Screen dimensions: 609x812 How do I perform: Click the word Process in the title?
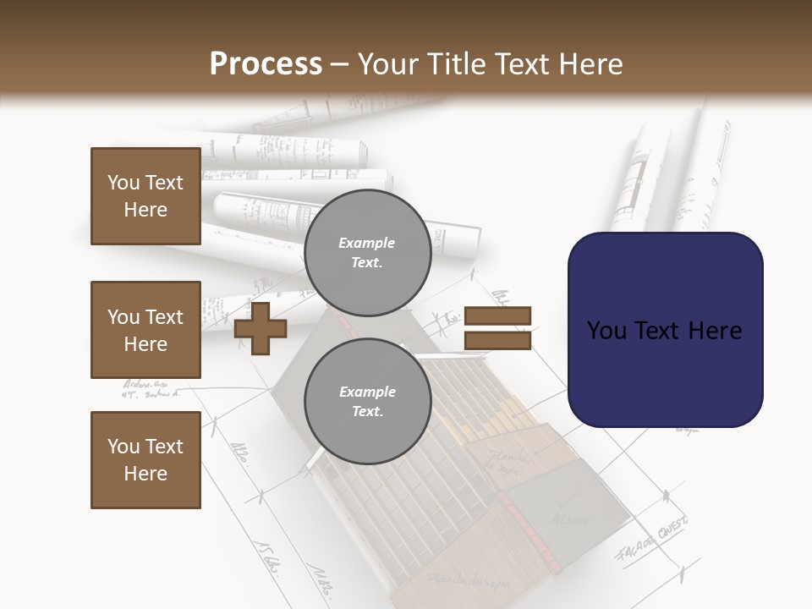click(266, 64)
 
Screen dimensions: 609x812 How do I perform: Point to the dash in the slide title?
click(340, 65)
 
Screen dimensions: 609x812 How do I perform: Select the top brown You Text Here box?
click(145, 196)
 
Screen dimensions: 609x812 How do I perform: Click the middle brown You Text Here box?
click(145, 330)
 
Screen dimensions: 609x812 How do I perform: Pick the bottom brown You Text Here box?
click(145, 460)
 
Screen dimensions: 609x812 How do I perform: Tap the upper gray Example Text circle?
click(367, 252)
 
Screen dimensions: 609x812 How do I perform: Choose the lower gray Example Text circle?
click(367, 401)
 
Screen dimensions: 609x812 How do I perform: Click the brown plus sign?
click(261, 328)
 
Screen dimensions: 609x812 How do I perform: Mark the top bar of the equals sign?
click(497, 315)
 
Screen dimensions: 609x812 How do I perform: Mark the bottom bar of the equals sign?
click(497, 340)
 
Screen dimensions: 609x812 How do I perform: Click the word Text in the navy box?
click(663, 331)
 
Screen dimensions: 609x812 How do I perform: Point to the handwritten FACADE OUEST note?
click(651, 539)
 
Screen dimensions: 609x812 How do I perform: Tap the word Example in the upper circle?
click(367, 243)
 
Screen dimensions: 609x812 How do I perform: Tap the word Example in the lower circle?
click(367, 392)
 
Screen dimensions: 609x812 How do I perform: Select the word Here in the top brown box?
click(145, 210)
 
